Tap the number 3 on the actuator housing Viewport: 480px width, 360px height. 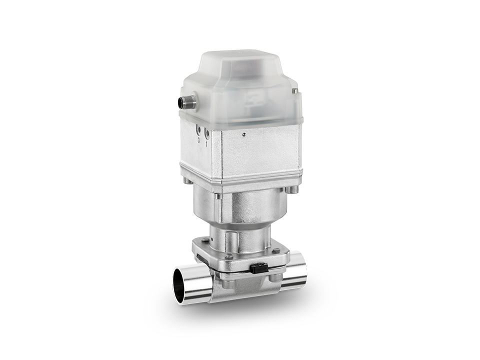(x=199, y=141)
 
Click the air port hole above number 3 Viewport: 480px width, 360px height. (x=199, y=130)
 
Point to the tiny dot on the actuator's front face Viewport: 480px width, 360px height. (x=243, y=134)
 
